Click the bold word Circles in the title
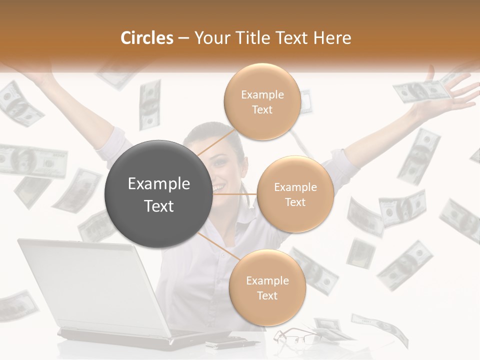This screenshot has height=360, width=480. tap(147, 38)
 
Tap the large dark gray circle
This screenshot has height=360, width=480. tap(159, 194)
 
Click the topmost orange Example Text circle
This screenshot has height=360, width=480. tap(262, 101)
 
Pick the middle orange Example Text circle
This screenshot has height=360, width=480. tap(295, 194)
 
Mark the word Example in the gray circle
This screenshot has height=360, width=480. tap(159, 184)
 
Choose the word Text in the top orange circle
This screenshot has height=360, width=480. tap(262, 109)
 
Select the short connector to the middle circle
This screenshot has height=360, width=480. tap(235, 194)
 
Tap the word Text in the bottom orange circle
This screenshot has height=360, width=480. tap(267, 295)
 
